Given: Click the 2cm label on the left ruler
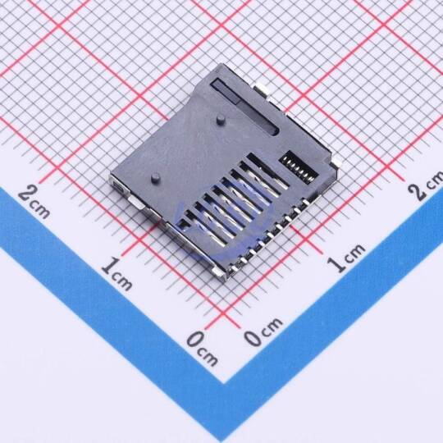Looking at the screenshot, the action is pyautogui.click(x=34, y=202).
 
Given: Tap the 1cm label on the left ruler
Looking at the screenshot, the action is pyautogui.click(x=116, y=274).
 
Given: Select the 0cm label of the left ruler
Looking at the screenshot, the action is pyautogui.click(x=203, y=349).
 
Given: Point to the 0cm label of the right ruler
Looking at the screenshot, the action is pyautogui.click(x=263, y=331).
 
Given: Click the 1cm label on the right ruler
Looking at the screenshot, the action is pyautogui.click(x=346, y=258).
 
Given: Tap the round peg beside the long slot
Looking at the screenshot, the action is pyautogui.click(x=220, y=119).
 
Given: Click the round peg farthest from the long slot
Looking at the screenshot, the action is pyautogui.click(x=155, y=177).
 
